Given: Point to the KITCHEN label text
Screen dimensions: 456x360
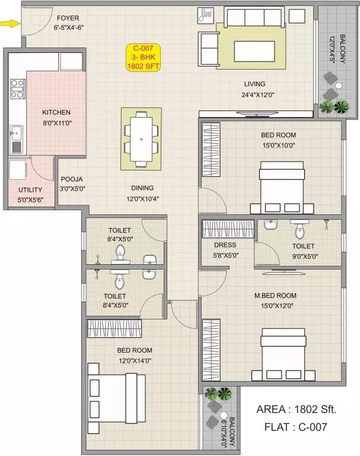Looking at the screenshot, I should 56,112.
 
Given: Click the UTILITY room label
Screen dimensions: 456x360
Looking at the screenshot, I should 30,190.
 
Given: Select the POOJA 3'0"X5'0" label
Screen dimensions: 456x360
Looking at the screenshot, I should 71,183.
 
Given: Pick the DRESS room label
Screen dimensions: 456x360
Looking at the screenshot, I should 225,245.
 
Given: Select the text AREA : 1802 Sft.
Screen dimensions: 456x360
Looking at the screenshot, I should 296,409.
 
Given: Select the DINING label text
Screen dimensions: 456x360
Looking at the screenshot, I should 142,187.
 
